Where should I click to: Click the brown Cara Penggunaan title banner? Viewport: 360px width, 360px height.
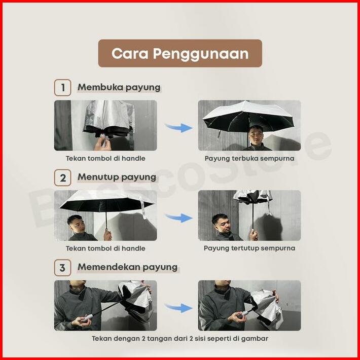pos(180,53)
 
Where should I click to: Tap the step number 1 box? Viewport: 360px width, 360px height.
pos(62,88)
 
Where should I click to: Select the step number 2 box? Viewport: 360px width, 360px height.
pos(62,177)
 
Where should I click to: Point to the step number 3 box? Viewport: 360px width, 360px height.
pos(62,268)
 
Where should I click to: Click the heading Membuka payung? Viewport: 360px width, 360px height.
pos(119,88)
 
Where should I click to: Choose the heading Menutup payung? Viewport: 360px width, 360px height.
pos(117,177)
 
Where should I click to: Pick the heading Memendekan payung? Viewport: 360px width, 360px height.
pos(127,267)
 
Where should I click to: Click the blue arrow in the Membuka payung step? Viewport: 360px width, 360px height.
pos(178,127)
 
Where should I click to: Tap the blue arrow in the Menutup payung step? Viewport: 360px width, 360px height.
pos(178,218)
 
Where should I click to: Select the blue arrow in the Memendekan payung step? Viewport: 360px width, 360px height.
pos(178,307)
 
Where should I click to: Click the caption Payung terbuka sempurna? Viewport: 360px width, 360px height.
pos(249,158)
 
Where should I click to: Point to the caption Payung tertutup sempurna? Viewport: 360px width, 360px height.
pos(249,248)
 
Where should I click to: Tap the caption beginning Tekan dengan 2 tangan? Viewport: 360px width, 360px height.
pos(180,338)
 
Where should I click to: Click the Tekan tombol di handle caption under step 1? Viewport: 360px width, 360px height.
pos(105,158)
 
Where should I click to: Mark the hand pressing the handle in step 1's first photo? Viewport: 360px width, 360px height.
pos(102,143)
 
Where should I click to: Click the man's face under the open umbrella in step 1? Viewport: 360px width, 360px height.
pos(256,135)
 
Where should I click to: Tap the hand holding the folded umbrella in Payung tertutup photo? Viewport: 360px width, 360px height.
pos(254,235)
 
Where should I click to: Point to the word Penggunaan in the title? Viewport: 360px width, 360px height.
pos(201,54)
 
